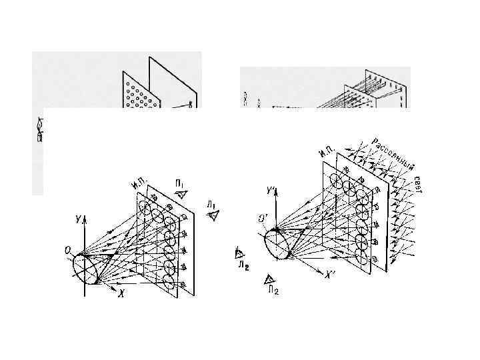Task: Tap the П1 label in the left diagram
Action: click(181, 183)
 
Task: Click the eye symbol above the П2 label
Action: click(269, 279)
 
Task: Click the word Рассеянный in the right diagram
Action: click(393, 153)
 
